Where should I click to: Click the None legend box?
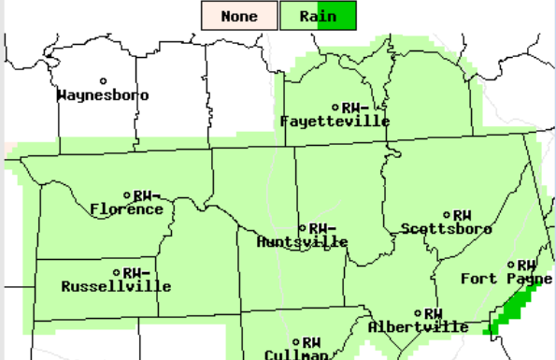pos(239,16)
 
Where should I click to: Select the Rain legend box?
pos(318,16)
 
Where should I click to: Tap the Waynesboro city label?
pos(103,95)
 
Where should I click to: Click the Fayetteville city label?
pos(335,122)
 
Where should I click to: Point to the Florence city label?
pos(127,209)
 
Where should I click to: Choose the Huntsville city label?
pos(302,242)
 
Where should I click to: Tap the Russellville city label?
pos(116,286)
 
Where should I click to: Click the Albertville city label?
pos(418,327)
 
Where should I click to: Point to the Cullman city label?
pos(296,354)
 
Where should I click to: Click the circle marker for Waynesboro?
pos(104,81)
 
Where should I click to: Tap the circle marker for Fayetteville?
pos(335,107)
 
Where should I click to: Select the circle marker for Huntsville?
pos(302,228)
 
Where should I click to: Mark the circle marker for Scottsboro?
pos(447,215)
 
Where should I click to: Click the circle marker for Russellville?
pos(116,272)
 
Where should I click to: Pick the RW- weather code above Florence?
pos(148,195)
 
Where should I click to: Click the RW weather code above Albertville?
pos(433,313)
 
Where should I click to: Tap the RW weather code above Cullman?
pos(312,342)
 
